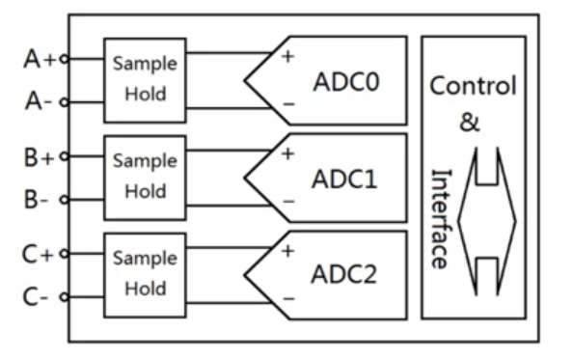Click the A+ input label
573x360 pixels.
pos(40,59)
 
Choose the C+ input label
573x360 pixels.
pos(40,255)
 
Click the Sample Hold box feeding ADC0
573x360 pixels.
pos(145,79)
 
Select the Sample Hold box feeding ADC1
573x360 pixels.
pos(145,177)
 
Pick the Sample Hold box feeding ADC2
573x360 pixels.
pos(145,273)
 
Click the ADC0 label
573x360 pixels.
pos(345,81)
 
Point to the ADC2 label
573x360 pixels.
pos(345,274)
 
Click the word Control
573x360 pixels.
pos(473,86)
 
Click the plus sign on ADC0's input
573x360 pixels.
pos(286,56)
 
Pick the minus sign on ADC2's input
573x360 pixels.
pos(286,299)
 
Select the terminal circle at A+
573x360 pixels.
pos(65,59)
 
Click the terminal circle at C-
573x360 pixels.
pos(65,297)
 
